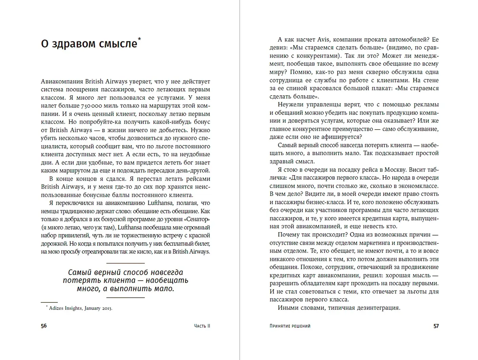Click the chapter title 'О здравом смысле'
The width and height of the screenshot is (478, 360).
coord(89,44)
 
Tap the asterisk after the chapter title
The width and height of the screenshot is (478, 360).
coord(139,39)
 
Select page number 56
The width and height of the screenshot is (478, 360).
coord(44,326)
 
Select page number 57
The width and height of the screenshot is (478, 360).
coord(436,326)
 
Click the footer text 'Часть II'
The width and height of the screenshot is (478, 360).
coord(202,326)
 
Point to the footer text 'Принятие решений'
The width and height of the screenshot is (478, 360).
coord(290,326)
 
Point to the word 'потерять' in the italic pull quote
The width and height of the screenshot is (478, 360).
coord(78,280)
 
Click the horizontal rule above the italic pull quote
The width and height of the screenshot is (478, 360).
coord(125,263)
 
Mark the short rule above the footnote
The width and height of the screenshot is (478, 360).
coord(49,302)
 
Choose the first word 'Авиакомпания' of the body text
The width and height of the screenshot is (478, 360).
coord(62,81)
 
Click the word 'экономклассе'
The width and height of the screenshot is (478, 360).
coord(419,186)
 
